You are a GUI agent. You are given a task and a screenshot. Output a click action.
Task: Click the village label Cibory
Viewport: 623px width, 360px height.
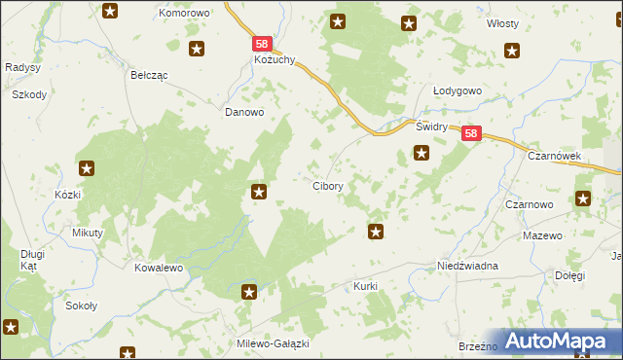tap(326, 186)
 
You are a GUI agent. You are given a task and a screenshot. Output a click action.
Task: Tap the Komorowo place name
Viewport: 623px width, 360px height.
tap(185, 14)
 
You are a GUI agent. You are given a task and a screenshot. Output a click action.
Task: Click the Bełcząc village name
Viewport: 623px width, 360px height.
tap(150, 74)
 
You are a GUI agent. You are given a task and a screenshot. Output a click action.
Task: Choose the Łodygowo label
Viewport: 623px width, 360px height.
tap(458, 91)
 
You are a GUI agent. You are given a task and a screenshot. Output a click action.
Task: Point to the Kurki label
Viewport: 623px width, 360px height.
tap(365, 287)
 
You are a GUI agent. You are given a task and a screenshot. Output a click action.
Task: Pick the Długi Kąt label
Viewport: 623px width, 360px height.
tap(33, 260)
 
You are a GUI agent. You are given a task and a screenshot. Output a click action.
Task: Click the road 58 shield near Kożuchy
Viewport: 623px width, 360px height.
tap(261, 44)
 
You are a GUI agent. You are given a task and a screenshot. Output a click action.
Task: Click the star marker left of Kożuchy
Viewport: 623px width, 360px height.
tap(198, 49)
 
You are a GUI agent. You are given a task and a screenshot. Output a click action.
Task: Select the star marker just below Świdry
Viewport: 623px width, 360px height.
tap(421, 152)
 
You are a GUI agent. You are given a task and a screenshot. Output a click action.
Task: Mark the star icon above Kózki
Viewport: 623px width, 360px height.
tap(87, 168)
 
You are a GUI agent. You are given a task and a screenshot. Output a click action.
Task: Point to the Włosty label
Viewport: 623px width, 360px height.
tap(502, 23)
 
